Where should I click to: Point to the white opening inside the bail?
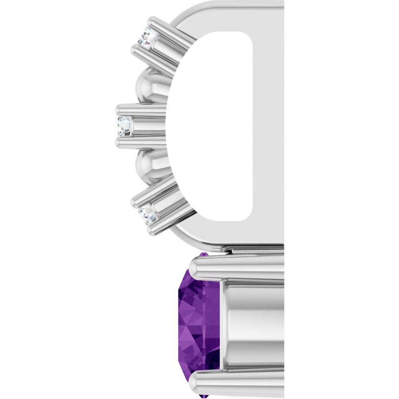(x=211, y=128)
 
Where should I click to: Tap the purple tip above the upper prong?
(x=204, y=254)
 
